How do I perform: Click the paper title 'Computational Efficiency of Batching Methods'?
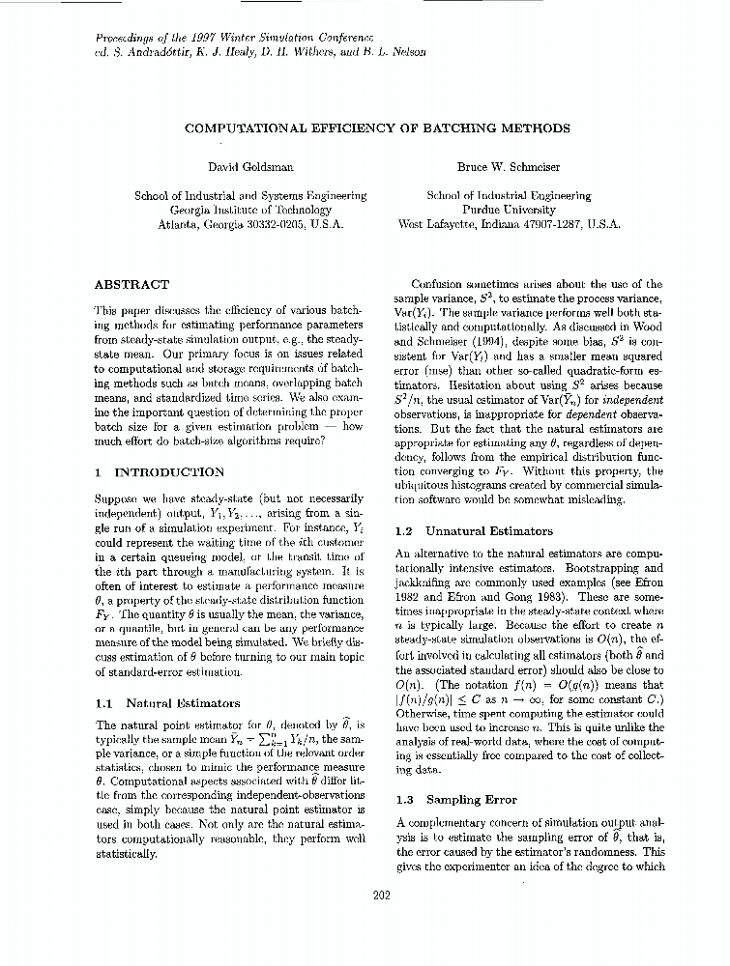coord(377,128)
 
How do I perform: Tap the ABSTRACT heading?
coord(131,285)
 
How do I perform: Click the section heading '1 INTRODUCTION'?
coord(160,472)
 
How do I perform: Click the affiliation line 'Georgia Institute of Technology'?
coord(250,210)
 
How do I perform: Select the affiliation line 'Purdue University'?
coord(509,210)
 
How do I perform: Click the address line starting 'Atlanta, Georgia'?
coord(250,224)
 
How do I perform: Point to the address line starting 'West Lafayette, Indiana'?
coord(509,224)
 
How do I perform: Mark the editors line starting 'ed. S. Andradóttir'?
coord(260,52)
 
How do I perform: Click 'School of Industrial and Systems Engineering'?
coord(250,195)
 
